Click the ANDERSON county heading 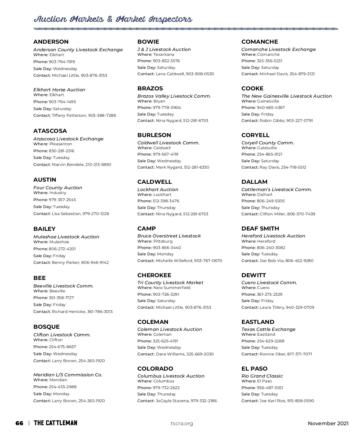click(51, 42)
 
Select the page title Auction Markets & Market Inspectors click(113, 19)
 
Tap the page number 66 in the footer click(19, 423)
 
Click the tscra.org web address click(182, 423)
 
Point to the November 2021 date click(328, 423)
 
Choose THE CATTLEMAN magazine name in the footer click(56, 423)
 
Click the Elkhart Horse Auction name click(59, 90)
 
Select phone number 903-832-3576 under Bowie click(166, 61)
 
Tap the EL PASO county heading click(254, 369)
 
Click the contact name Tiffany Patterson click(69, 116)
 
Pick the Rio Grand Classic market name click(262, 376)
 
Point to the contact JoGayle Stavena click(172, 401)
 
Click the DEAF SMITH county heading click(260, 229)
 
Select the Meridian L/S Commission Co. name click(68, 375)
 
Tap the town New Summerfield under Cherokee click(172, 288)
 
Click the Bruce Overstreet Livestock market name click(169, 236)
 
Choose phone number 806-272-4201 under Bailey click(62, 249)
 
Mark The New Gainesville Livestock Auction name click(286, 96)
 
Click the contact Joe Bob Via click(271, 261)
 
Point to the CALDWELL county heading click(154, 182)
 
